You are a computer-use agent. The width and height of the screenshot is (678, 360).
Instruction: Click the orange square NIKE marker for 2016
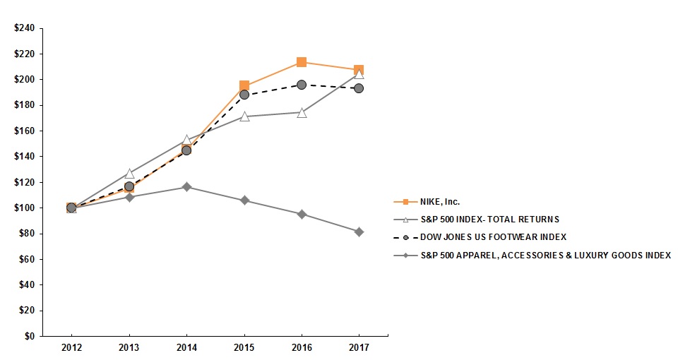pos(302,62)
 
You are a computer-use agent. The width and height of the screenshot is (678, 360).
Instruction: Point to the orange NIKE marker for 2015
pos(244,86)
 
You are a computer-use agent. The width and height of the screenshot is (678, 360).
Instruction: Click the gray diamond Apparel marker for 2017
pos(359,232)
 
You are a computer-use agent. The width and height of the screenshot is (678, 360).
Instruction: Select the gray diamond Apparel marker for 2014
pos(186,187)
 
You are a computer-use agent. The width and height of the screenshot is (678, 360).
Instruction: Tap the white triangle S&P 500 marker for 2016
pos(302,112)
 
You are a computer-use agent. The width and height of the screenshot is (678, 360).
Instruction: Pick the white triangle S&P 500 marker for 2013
pos(129,173)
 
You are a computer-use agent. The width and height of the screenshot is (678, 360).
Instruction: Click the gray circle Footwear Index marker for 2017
pos(359,88)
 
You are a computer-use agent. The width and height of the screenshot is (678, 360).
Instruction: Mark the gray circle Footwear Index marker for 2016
pos(302,85)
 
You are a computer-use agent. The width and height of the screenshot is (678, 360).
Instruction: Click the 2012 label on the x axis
pos(71,349)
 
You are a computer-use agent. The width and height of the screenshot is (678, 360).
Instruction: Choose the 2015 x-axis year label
pos(244,349)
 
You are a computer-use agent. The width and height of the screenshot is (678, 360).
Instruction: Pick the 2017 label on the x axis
pos(359,349)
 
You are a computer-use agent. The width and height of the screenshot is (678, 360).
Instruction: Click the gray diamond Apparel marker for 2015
pos(244,200)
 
